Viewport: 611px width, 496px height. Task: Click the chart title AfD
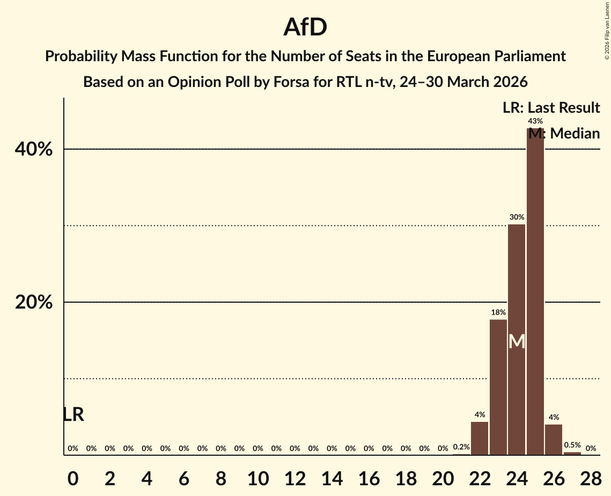click(x=305, y=27)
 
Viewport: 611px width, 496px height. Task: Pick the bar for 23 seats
click(x=498, y=387)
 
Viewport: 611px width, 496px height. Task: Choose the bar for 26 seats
click(x=554, y=440)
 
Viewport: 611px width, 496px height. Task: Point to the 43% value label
click(x=535, y=121)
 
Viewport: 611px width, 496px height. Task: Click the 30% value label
click(x=517, y=217)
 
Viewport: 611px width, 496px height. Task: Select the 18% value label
click(x=498, y=312)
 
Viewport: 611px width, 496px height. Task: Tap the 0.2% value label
click(x=461, y=447)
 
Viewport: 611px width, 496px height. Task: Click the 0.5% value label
click(x=572, y=445)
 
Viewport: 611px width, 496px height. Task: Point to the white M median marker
click(x=517, y=341)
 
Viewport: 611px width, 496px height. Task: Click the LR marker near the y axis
click(x=73, y=414)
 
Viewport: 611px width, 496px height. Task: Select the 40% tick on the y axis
click(x=34, y=150)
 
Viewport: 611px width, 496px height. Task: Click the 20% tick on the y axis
click(x=34, y=303)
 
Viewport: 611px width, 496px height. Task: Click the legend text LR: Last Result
click(x=551, y=108)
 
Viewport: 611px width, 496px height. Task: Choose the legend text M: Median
click(x=564, y=133)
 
